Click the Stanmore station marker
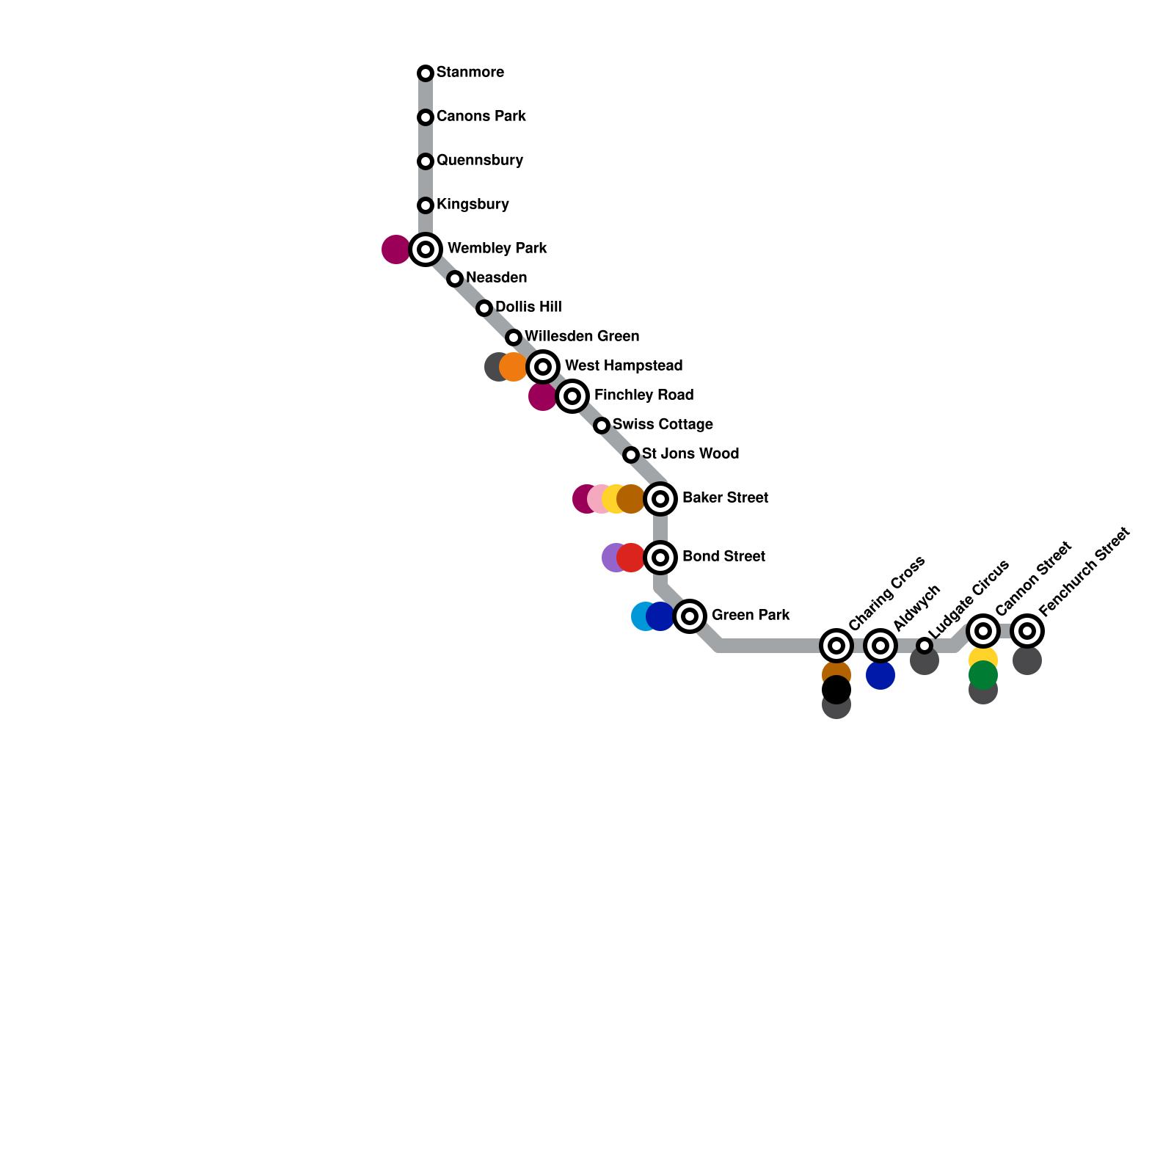(x=426, y=73)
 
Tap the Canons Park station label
(x=481, y=117)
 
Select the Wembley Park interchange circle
(x=426, y=249)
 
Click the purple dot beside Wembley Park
(x=395, y=249)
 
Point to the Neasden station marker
(x=455, y=279)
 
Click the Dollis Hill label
(x=528, y=307)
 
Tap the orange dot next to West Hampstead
(x=514, y=367)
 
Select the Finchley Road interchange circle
(x=572, y=396)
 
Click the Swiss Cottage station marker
(x=602, y=426)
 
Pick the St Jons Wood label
(x=690, y=454)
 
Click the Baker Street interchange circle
(x=660, y=499)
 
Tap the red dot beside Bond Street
(x=631, y=558)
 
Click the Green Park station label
(x=750, y=616)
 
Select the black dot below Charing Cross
(x=836, y=690)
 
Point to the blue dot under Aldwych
(x=880, y=675)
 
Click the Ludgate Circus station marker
(x=925, y=646)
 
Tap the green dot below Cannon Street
(x=983, y=675)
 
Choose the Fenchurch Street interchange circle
(x=1027, y=631)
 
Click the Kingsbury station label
(x=473, y=205)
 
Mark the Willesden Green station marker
(x=514, y=338)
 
